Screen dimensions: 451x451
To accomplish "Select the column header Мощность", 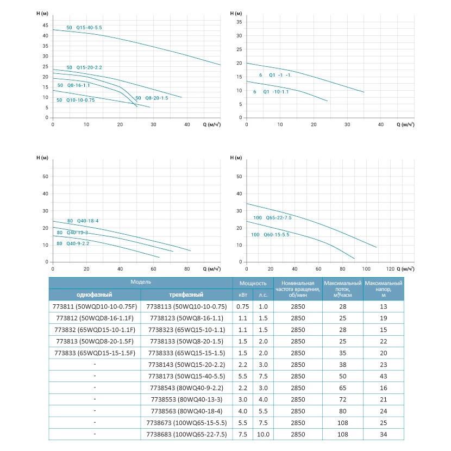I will [x=253, y=283].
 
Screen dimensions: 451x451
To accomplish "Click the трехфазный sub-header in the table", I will [x=186, y=295].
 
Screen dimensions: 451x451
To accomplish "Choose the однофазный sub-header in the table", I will [x=95, y=295].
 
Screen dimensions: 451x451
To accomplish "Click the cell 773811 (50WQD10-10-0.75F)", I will [x=95, y=306].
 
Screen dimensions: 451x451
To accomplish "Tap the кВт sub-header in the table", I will [x=242, y=295].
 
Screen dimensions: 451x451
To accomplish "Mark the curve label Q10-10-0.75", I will [x=76, y=100].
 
